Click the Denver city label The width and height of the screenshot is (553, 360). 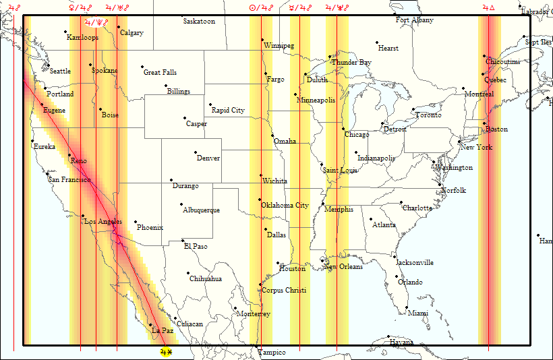click(208, 158)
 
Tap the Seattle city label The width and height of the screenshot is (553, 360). click(60, 71)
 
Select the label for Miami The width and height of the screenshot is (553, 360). click(417, 313)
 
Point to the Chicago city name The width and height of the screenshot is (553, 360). click(357, 135)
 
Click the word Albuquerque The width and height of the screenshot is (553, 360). click(201, 210)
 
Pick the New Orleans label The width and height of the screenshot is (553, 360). click(343, 267)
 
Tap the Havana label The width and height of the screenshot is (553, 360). click(401, 342)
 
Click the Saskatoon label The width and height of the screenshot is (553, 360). click(199, 22)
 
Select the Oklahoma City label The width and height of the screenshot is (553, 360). click(285, 206)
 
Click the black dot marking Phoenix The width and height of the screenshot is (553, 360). click(136, 222)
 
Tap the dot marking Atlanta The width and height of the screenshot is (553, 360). click(370, 218)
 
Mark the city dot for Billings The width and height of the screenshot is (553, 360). click(166, 86)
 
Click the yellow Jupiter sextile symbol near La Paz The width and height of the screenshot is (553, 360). click(166, 352)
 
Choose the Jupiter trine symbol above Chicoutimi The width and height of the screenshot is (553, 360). click(488, 7)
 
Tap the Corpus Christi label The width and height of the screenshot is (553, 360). click(283, 291)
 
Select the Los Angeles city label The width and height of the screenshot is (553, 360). click(103, 222)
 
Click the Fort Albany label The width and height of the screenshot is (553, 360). click(415, 20)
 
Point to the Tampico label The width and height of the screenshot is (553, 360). click(271, 353)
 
